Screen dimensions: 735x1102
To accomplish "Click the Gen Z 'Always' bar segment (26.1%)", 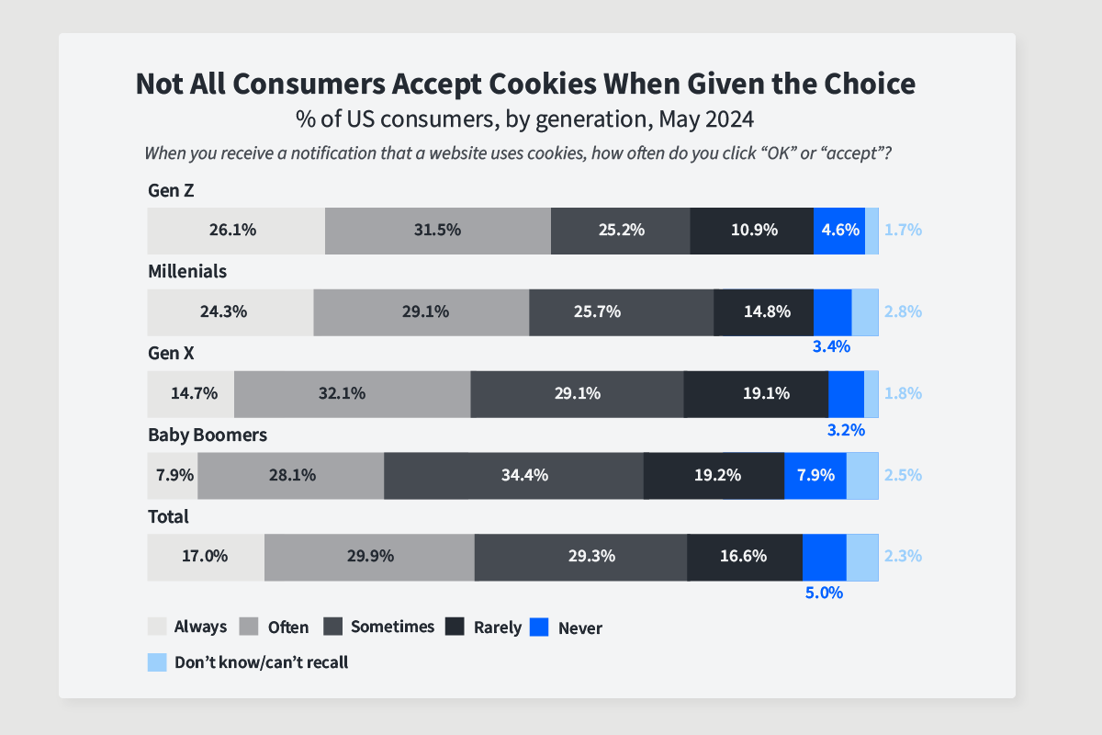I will click(x=236, y=231).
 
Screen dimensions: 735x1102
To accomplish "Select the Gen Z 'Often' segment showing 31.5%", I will click(x=437, y=231).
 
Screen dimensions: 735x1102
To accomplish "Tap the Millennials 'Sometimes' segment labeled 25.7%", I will click(x=621, y=311).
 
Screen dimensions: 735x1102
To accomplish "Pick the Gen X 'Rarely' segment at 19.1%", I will click(x=756, y=393).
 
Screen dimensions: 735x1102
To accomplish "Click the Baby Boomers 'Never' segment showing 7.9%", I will click(x=815, y=475).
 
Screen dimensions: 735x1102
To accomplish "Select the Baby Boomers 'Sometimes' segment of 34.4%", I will click(x=513, y=475).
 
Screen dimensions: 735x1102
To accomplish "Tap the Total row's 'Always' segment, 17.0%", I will click(x=206, y=556).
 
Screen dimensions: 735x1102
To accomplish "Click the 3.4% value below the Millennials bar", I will click(x=831, y=347).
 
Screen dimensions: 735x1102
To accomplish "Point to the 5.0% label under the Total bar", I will click(x=824, y=593).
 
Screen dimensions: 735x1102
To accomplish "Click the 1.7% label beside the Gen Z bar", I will click(x=903, y=231).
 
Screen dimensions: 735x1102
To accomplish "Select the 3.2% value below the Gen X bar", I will click(x=846, y=429).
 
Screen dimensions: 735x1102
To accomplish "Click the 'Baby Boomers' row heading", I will click(x=208, y=435).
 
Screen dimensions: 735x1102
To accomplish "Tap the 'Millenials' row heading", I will click(x=187, y=272).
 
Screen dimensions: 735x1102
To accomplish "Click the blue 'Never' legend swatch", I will click(x=540, y=628).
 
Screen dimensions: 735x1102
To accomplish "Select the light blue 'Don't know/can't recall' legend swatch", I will click(x=157, y=661).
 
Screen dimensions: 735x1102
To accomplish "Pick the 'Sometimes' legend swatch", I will click(x=333, y=627).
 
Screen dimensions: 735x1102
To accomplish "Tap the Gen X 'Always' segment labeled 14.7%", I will click(x=191, y=393).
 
